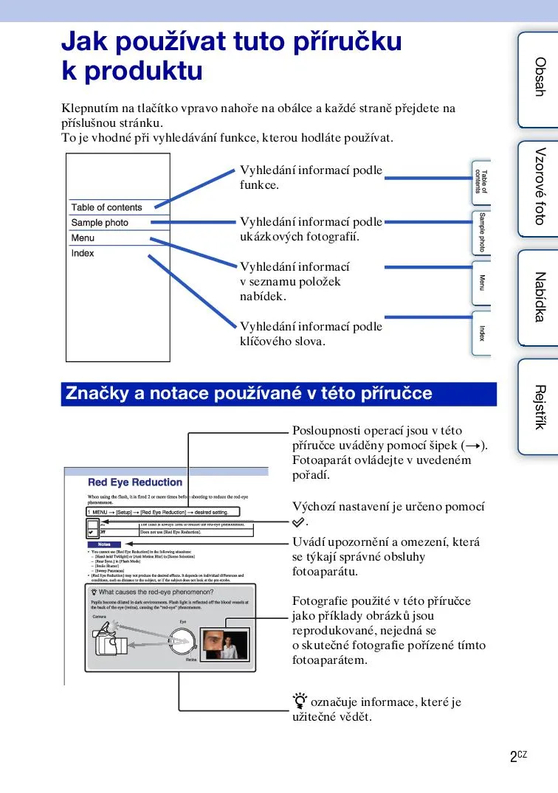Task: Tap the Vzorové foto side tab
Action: point(538,187)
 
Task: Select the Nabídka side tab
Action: point(538,297)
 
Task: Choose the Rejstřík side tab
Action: point(538,406)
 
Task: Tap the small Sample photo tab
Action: point(481,232)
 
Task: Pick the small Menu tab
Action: point(481,283)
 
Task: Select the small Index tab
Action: point(481,333)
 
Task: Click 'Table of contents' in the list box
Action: point(106,207)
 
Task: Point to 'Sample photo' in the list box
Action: point(100,223)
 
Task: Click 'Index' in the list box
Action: point(83,254)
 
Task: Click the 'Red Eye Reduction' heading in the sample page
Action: point(135,482)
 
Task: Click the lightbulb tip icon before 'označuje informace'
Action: point(299,702)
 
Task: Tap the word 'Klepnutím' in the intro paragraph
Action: point(89,108)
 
